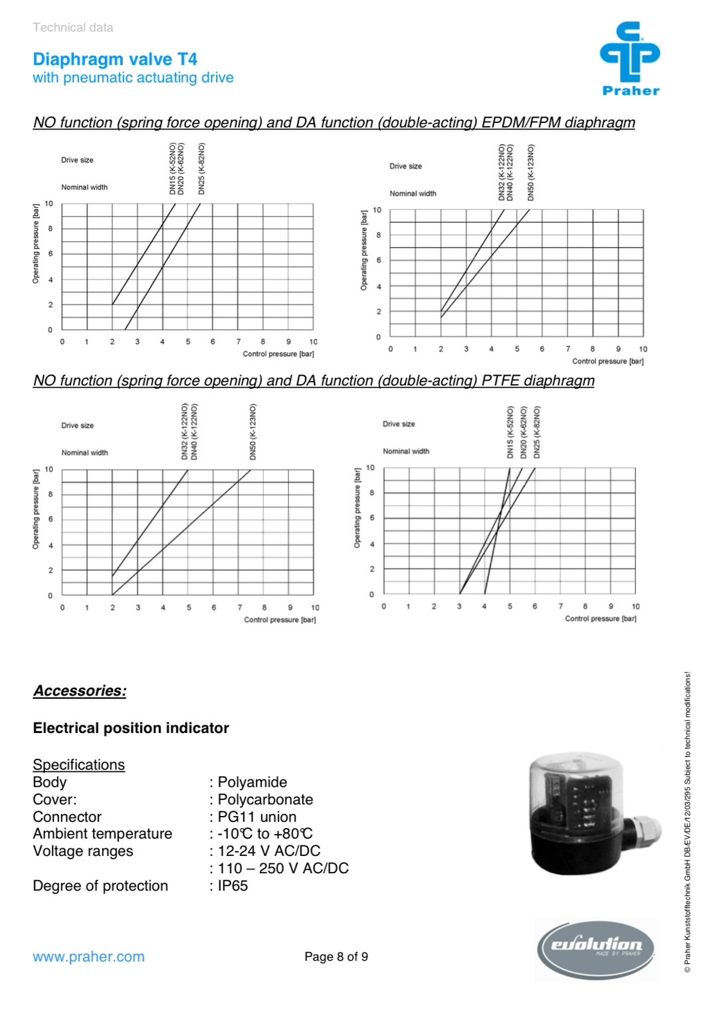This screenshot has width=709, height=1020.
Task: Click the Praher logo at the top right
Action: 629,58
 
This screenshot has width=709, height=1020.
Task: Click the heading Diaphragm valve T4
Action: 115,59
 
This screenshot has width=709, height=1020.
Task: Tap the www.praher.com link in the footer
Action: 88,956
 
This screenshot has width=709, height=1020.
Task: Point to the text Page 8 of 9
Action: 336,956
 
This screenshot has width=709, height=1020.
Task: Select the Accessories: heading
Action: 80,690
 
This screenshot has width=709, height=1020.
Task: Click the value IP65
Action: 233,886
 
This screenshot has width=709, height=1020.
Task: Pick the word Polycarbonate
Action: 265,799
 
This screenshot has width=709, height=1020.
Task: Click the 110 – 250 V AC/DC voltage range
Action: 283,868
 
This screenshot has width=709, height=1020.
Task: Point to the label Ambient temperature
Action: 102,834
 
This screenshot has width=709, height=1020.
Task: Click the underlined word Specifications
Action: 78,765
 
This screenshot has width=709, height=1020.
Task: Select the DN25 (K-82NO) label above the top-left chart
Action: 201,169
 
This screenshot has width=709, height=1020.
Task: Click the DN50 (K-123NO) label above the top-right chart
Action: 530,173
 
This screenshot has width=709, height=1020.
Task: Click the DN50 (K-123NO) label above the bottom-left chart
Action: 253,431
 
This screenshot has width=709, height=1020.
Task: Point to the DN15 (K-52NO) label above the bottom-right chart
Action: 510,432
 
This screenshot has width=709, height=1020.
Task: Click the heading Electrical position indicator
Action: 131,728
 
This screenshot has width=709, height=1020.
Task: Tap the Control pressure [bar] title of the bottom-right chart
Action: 600,619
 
